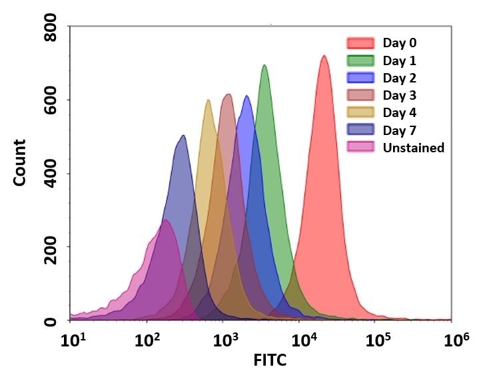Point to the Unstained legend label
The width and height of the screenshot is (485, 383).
click(413, 148)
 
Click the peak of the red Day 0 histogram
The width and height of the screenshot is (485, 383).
click(324, 56)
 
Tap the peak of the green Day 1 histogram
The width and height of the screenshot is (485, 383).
click(264, 65)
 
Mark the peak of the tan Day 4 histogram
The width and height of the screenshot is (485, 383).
click(209, 100)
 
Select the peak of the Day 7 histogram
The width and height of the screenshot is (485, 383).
click(183, 136)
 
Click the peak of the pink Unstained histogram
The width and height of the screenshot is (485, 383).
click(165, 220)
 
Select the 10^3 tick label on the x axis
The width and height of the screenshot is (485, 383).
click(227, 340)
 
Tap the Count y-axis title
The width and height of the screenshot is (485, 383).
click(20, 162)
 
